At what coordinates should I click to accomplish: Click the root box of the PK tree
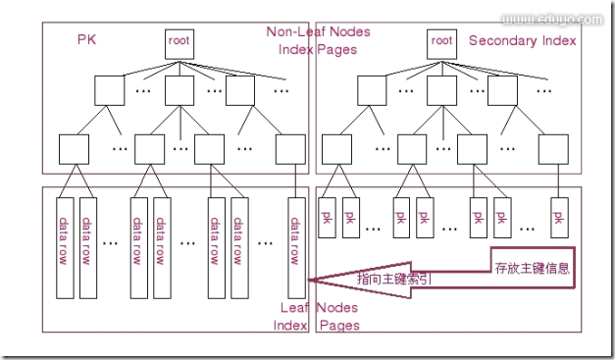[x=178, y=41]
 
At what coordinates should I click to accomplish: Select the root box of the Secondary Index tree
[x=441, y=41]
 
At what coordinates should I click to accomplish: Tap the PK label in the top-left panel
[x=86, y=39]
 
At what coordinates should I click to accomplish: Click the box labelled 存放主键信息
[x=533, y=267]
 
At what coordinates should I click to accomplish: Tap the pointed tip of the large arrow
[x=308, y=281]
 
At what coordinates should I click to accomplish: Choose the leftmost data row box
[x=64, y=241]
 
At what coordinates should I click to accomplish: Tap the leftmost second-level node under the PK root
[x=110, y=90]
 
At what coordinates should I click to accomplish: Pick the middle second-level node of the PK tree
[x=180, y=90]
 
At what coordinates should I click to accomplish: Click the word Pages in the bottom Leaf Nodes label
[x=338, y=325]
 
